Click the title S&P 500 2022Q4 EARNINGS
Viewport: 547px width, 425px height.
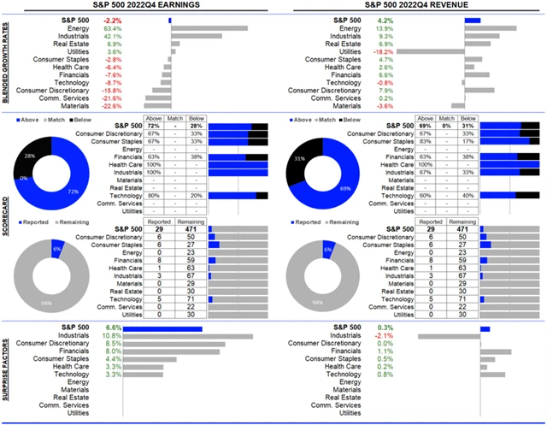pos(137,6)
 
